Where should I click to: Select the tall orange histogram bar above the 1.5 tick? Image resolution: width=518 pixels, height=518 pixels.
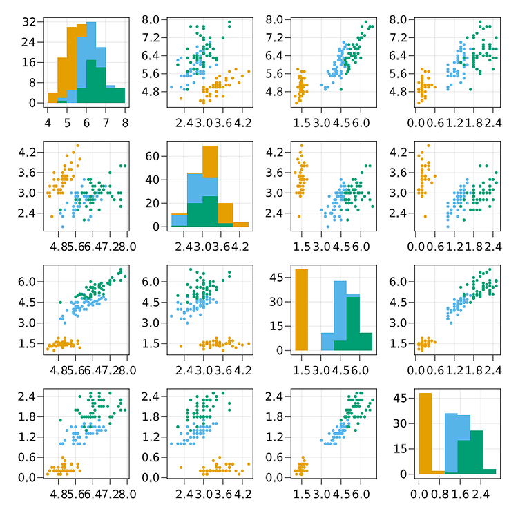coord(301,309)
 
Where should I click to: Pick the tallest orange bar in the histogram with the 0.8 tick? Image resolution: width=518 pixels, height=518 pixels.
coord(425,433)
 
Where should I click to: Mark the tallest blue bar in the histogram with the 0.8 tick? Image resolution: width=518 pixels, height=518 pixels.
coord(450,443)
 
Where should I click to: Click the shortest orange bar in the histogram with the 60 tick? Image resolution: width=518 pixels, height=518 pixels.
coord(241,224)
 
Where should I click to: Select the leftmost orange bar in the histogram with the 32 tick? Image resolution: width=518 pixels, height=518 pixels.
coord(52,97)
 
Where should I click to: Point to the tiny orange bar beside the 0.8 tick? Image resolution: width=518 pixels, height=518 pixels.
coord(438,472)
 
